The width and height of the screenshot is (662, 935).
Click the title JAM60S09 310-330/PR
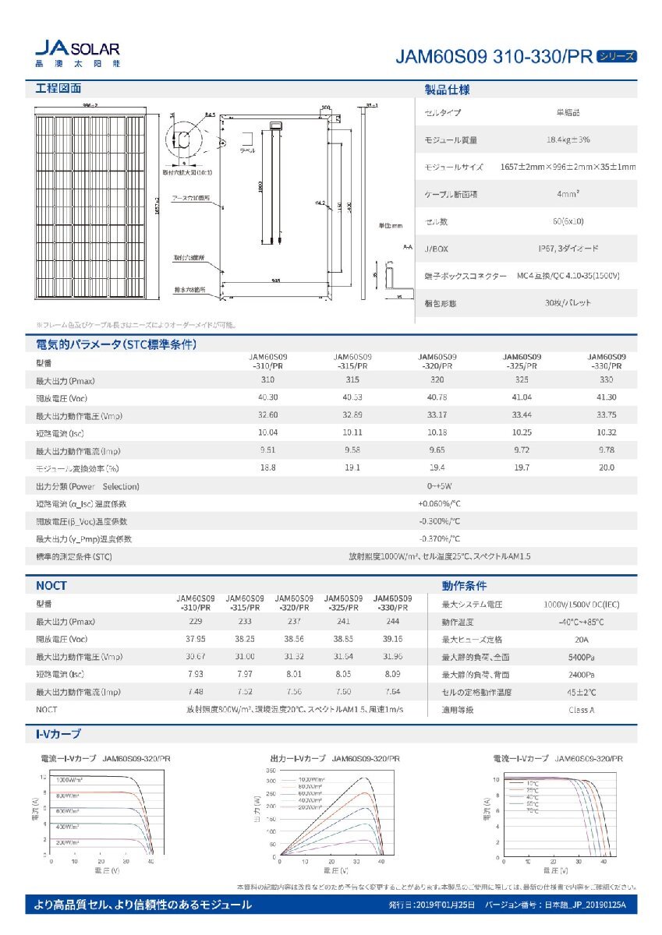click(494, 57)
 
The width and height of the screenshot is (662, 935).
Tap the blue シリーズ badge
click(616, 56)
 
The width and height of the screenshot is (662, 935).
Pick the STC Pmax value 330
click(606, 379)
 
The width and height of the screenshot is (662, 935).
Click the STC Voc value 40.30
click(267, 397)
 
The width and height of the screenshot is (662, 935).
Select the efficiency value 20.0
click(606, 467)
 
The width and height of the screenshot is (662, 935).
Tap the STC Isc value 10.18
click(437, 432)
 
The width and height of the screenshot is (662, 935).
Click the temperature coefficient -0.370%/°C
click(439, 538)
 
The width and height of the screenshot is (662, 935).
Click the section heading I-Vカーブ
click(58, 734)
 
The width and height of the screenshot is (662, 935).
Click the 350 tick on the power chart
click(271, 769)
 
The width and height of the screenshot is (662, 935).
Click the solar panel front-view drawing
click(92, 206)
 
